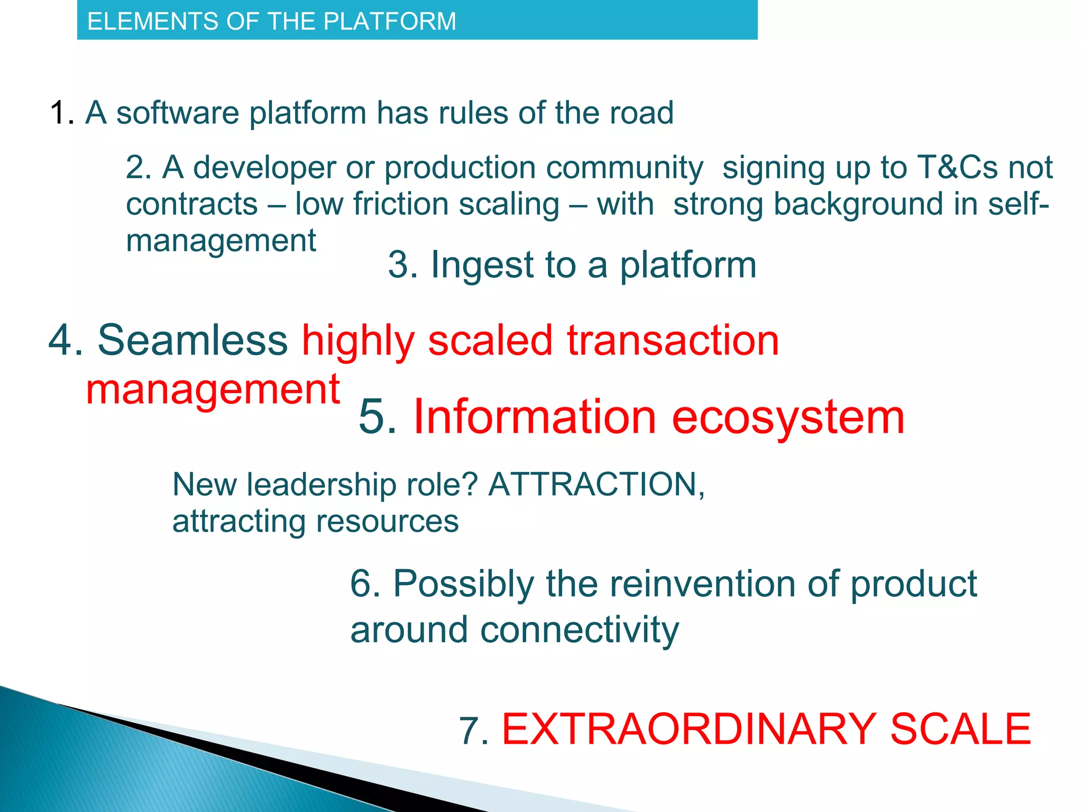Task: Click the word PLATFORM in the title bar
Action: [390, 22]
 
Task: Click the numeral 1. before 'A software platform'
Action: [62, 113]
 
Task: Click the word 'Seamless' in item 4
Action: [192, 340]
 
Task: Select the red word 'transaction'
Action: [673, 340]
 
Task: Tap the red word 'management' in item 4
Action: [213, 390]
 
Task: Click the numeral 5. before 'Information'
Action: [377, 417]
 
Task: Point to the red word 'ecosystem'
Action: [788, 417]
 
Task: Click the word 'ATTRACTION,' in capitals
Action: [596, 485]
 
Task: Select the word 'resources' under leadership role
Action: [387, 522]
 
